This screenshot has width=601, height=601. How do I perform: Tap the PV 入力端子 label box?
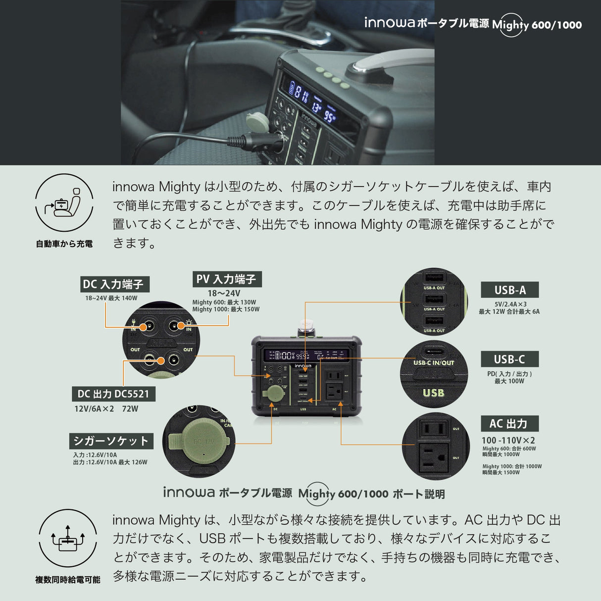[227, 279]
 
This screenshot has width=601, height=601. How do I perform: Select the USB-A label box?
[510, 290]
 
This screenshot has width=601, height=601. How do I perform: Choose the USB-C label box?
[509, 359]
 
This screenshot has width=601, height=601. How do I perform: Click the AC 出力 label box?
[509, 424]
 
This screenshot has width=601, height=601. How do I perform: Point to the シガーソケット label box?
[111, 441]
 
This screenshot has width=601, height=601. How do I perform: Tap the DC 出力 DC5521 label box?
[113, 394]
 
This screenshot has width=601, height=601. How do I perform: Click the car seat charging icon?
[64, 202]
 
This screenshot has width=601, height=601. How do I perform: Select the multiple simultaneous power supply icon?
[68, 538]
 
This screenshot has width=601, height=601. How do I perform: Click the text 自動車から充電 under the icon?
[64, 244]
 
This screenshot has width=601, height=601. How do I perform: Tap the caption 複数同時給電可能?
[68, 579]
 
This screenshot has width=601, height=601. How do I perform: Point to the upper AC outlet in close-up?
[434, 428]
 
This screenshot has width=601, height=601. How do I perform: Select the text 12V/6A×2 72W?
[106, 409]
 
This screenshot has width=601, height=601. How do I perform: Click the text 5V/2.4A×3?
[510, 304]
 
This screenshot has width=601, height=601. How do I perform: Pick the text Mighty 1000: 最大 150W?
[226, 309]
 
